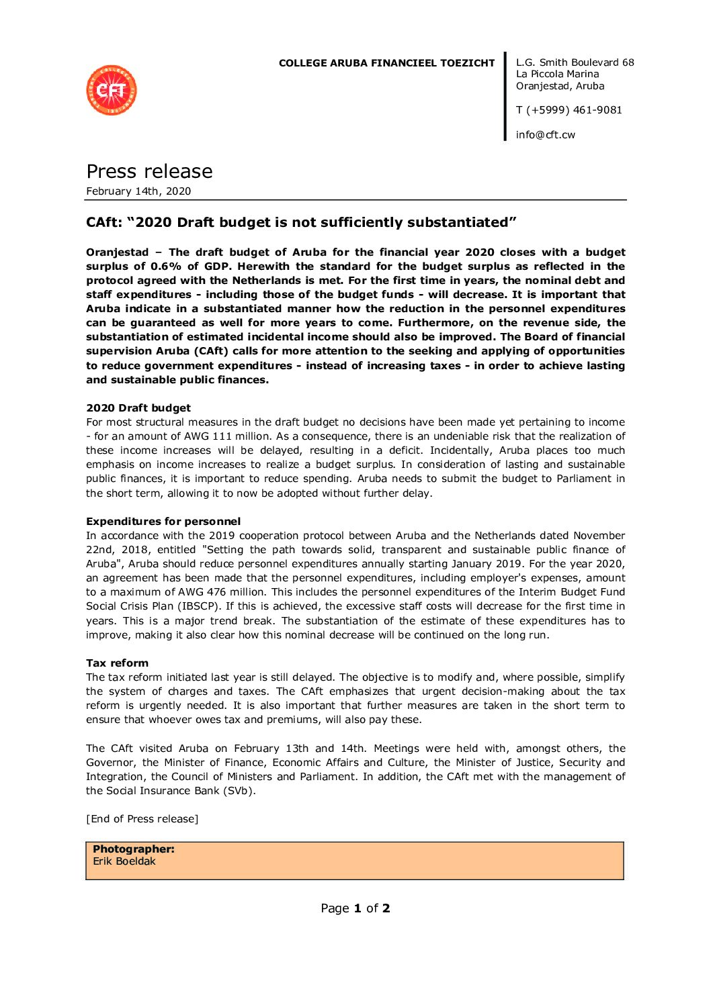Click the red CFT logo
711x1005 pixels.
tap(112, 90)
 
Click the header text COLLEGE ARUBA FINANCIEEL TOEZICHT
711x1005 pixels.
tap(386, 63)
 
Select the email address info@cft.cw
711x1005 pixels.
tap(545, 135)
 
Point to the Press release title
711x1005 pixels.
tap(149, 172)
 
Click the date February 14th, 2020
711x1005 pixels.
tap(138, 191)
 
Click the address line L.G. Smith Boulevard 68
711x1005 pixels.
tap(575, 62)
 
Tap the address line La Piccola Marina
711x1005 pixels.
tap(557, 74)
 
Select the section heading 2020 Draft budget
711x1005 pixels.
tap(138, 408)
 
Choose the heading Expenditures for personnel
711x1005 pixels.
tap(163, 522)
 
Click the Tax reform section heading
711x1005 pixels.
tap(118, 663)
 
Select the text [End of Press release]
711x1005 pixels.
tap(142, 819)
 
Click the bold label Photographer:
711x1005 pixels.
tap(134, 849)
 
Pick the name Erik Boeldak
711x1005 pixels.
tap(124, 861)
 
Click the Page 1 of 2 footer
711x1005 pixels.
tap(355, 908)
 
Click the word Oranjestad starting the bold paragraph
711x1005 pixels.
tap(118, 252)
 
